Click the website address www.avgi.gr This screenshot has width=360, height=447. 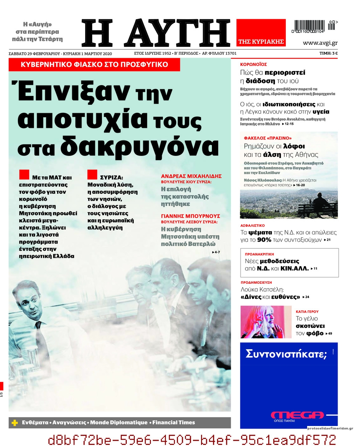(320, 43)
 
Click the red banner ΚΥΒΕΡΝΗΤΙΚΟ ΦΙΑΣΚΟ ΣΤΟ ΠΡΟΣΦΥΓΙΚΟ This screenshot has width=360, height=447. (94, 65)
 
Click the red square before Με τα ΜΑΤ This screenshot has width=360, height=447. (24, 174)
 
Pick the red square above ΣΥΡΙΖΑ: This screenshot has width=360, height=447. (92, 174)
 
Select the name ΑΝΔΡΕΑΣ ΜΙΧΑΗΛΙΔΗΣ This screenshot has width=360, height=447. (191, 176)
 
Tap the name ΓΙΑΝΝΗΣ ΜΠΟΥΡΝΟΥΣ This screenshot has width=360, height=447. (191, 216)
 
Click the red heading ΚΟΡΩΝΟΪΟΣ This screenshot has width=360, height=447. (254, 64)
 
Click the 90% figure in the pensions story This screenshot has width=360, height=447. (264, 240)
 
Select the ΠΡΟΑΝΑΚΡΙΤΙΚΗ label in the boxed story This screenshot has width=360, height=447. (259, 254)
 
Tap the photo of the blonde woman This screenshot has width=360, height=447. (266, 322)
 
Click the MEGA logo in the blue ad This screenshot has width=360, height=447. (297, 415)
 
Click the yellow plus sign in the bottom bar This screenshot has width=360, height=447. (15, 423)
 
